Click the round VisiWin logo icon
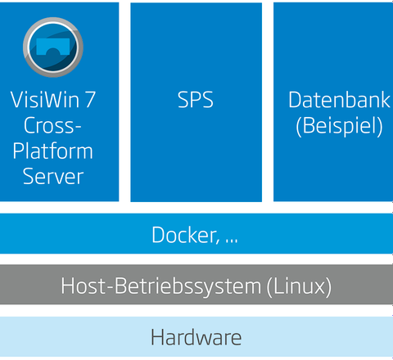pos(53,47)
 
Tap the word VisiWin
pos(45,100)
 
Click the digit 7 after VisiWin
pos(90,100)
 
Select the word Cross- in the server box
pos(52,125)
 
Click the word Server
pos(53,177)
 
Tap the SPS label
pos(196,100)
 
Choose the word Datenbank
pos(339,100)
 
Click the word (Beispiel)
pos(339,126)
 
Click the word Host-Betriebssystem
pos(161,286)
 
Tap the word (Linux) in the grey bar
pos(299,286)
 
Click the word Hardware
pos(196,337)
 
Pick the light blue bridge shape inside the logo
pos(53,47)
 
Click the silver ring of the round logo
pos(26,47)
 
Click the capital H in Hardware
pos(157,337)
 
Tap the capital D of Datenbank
pos(295,100)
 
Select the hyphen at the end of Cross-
pos(78,127)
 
